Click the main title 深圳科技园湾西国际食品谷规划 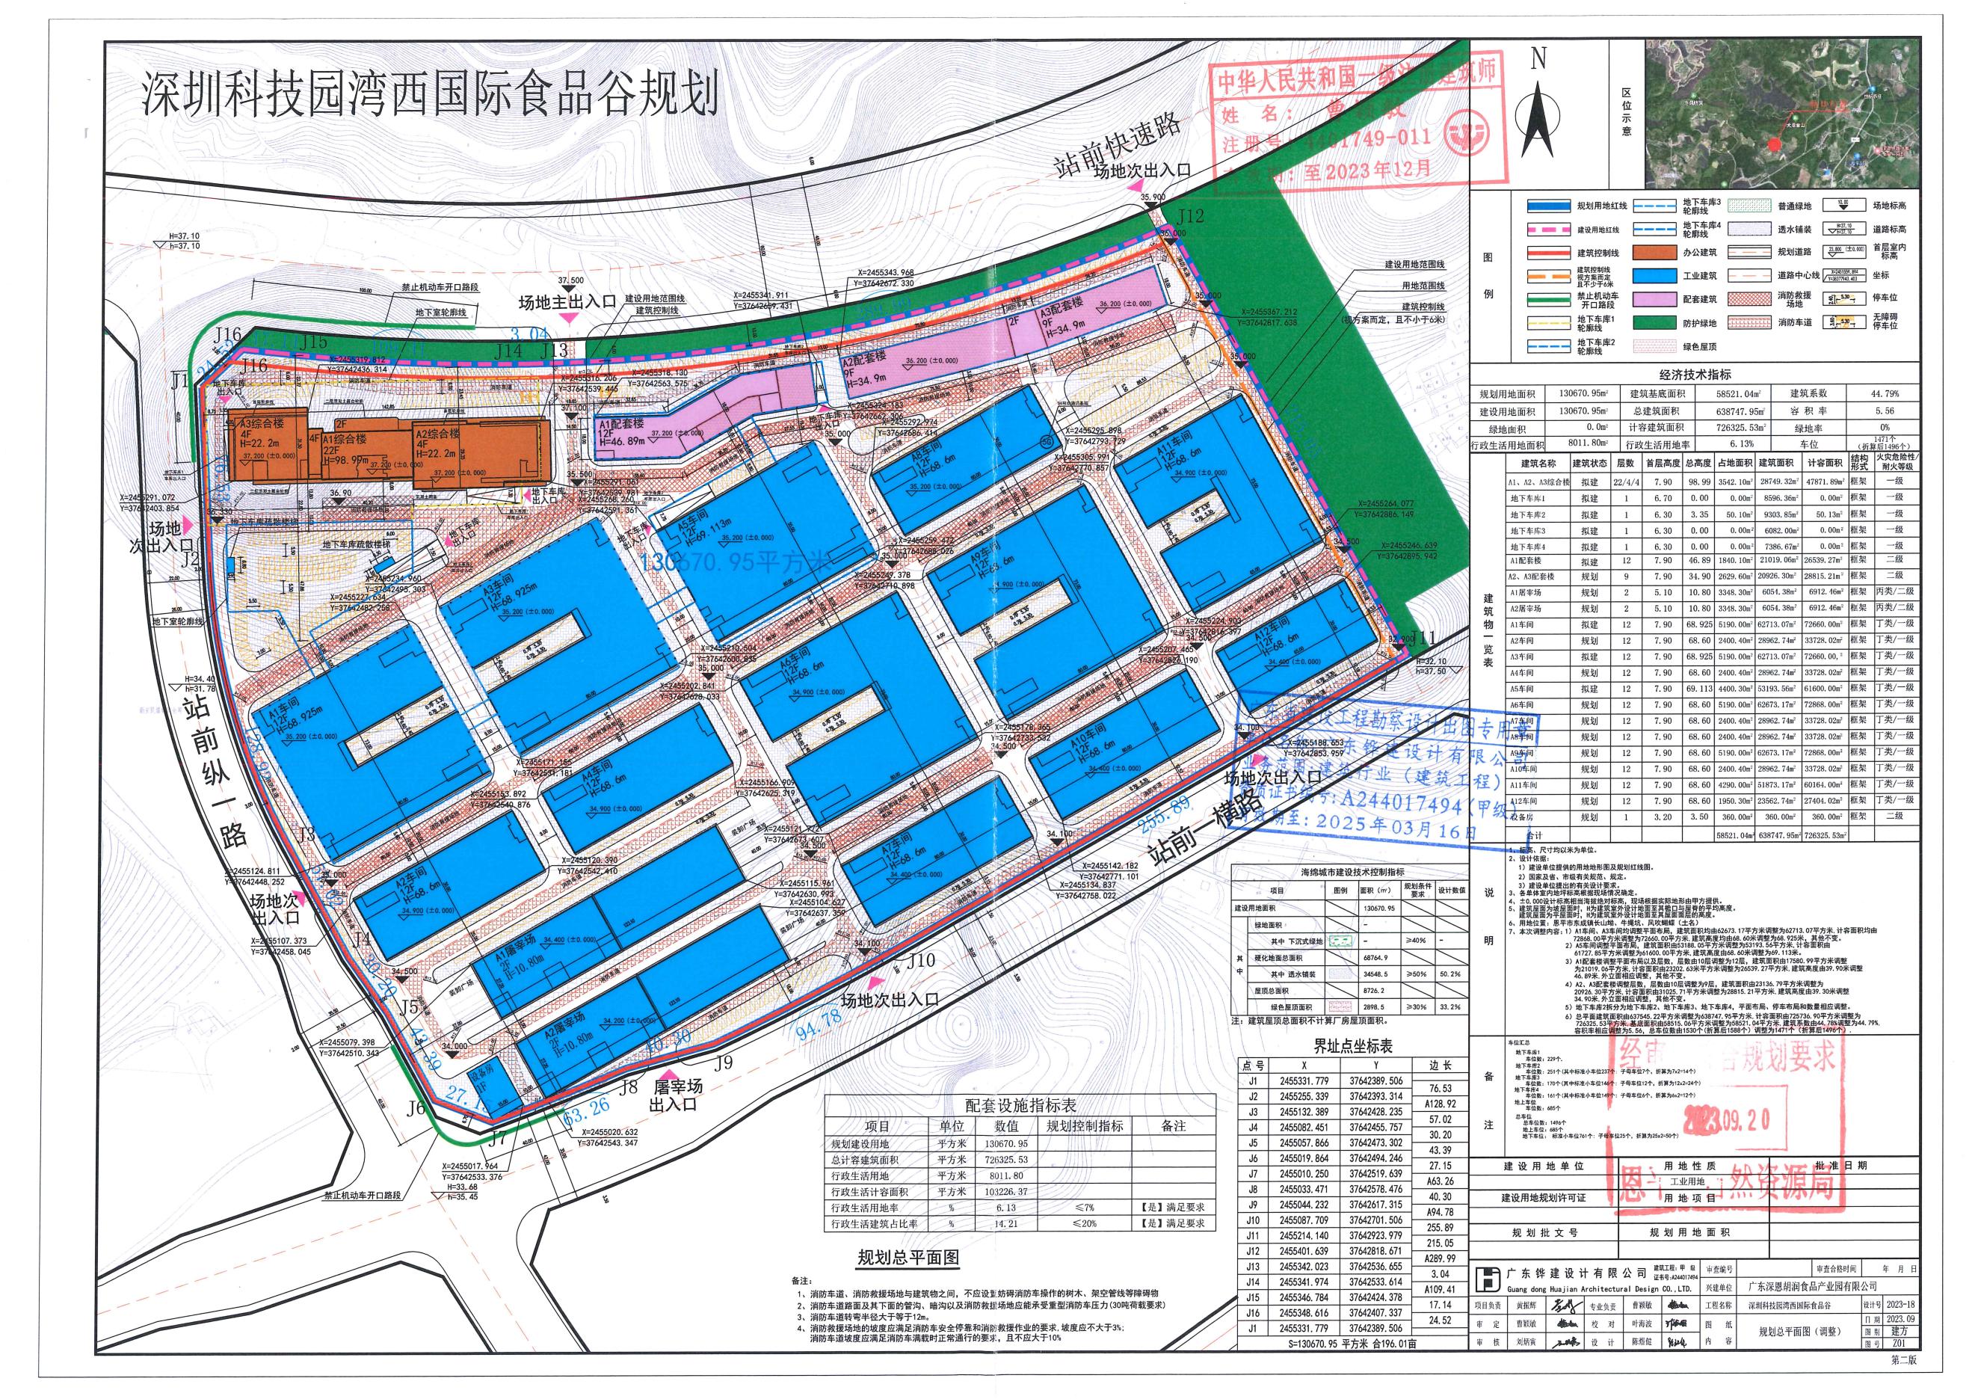pyautogui.click(x=430, y=96)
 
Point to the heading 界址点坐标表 pyautogui.click(x=1352, y=1047)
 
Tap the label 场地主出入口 pyautogui.click(x=566, y=302)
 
